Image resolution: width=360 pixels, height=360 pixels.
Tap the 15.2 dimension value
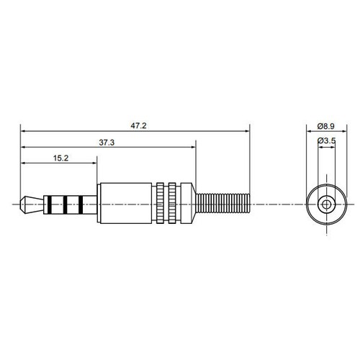(60, 158)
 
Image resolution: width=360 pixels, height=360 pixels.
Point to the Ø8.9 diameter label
(328, 125)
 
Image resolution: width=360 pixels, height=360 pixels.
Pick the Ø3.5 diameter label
(328, 141)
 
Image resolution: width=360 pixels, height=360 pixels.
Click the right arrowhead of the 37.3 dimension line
(193, 148)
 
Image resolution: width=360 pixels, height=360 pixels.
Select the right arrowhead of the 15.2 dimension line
(95, 164)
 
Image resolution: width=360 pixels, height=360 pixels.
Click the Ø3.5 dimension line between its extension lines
(327, 148)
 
